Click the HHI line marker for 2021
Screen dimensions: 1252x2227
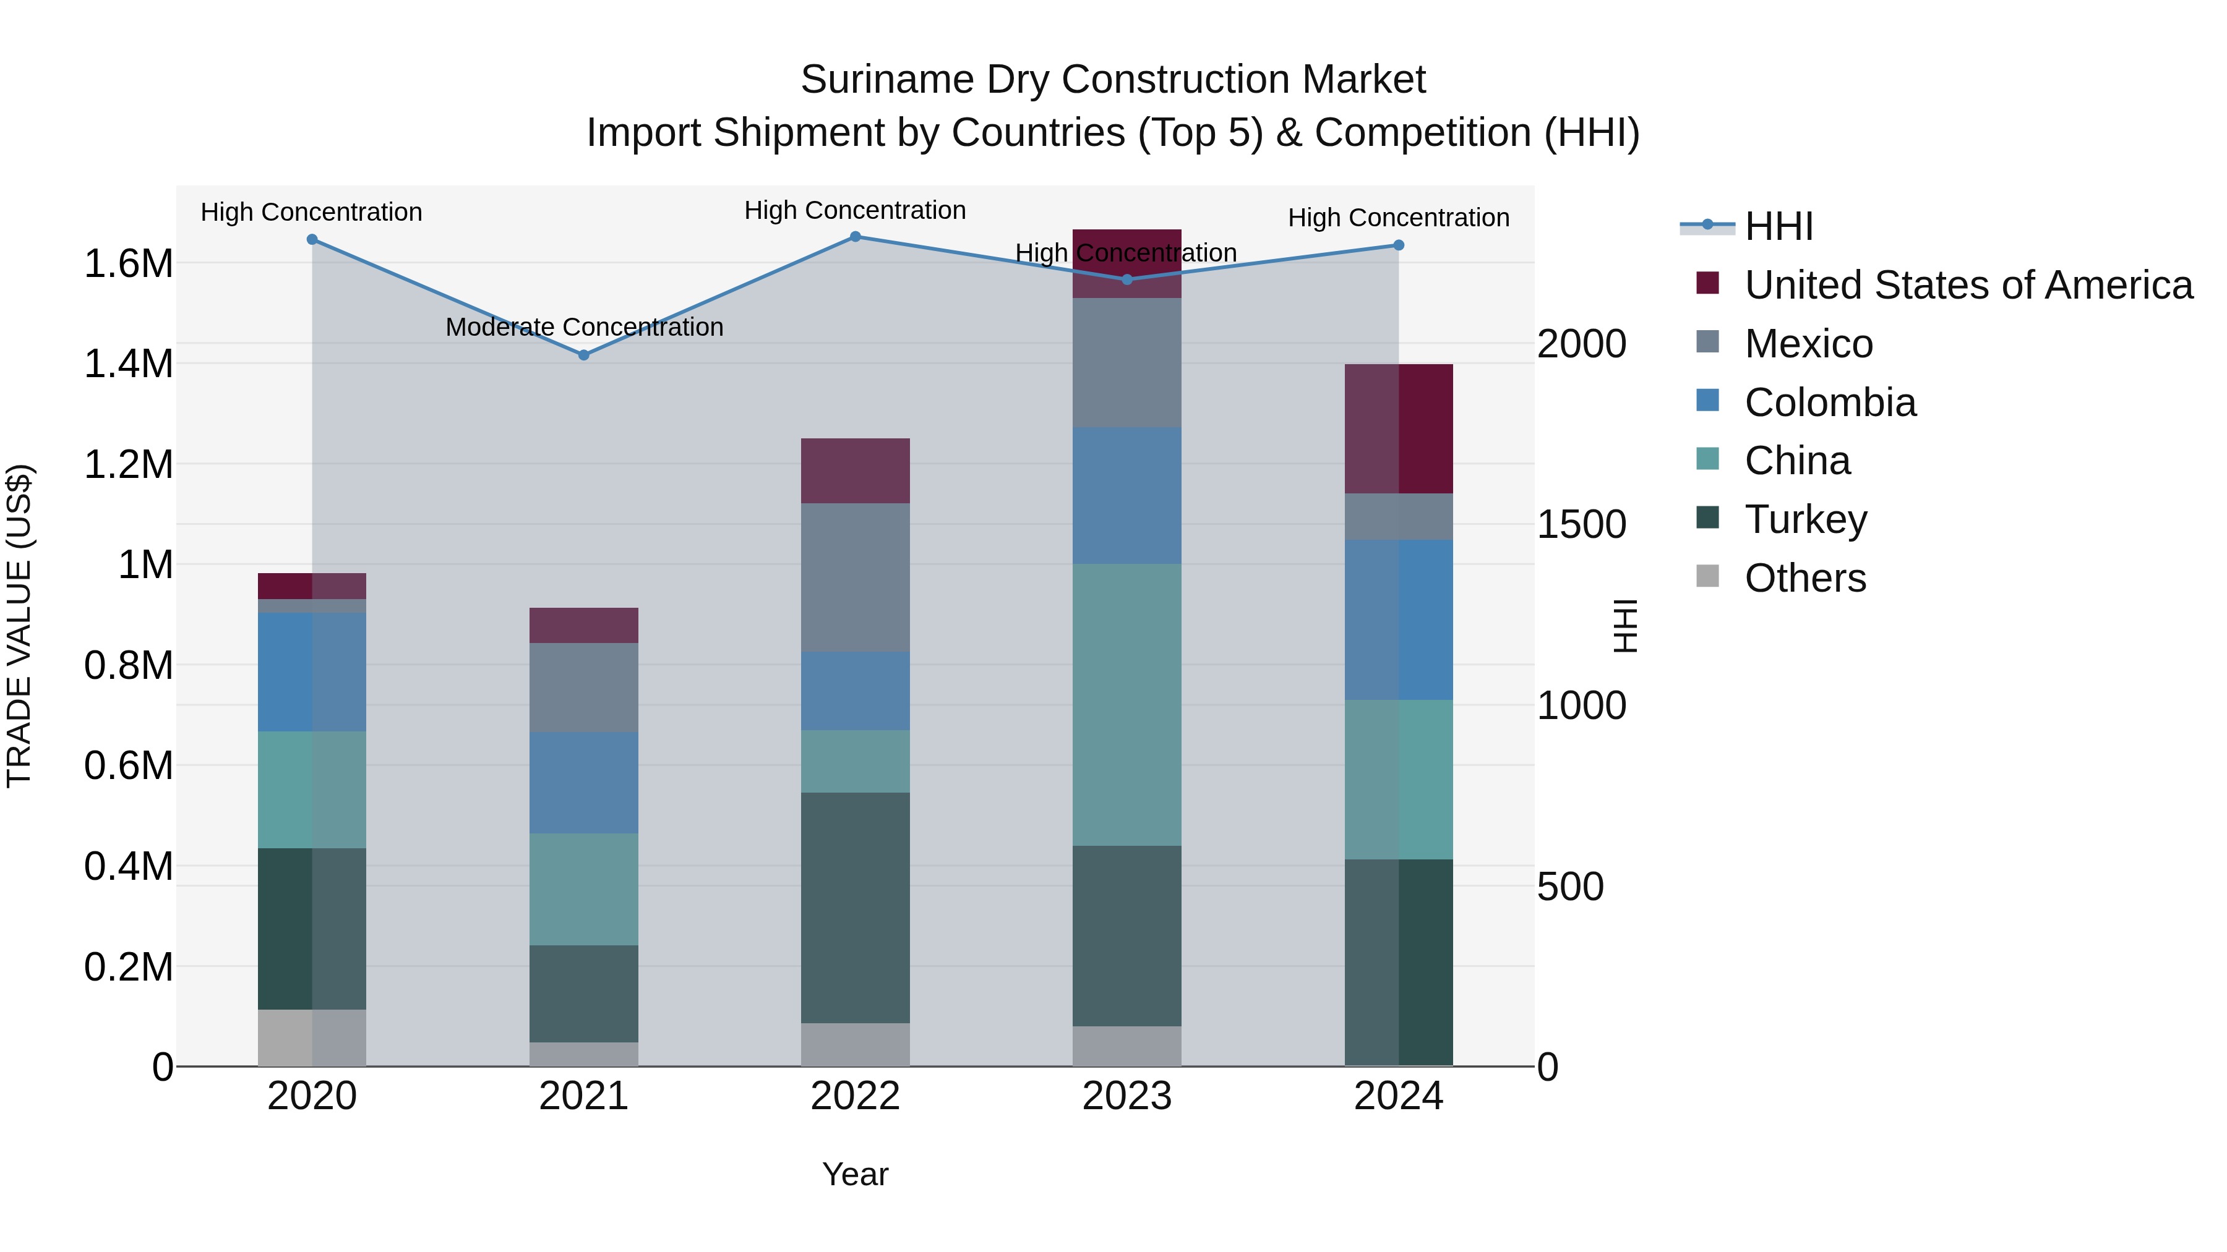pos(583,355)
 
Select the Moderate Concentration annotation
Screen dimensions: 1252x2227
pos(585,328)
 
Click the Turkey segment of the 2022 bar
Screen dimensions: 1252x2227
pos(855,907)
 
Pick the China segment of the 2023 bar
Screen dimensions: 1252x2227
pos(1126,704)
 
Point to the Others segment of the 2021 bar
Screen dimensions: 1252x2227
pos(583,1054)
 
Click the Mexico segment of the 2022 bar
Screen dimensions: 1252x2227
pos(855,577)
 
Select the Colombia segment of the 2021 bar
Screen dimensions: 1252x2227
pos(583,783)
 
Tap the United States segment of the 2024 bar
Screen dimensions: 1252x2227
pos(1398,428)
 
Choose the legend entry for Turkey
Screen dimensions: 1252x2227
pos(1805,520)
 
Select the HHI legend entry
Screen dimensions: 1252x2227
pos(1779,226)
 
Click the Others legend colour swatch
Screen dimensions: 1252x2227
pos(1707,576)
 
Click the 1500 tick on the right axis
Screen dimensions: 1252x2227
pos(1581,524)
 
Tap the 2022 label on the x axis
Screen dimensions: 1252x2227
pos(855,1096)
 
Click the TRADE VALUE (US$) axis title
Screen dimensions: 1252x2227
pos(19,626)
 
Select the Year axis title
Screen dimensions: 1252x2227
pos(855,1174)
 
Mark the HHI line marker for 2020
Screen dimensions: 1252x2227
pos(312,239)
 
